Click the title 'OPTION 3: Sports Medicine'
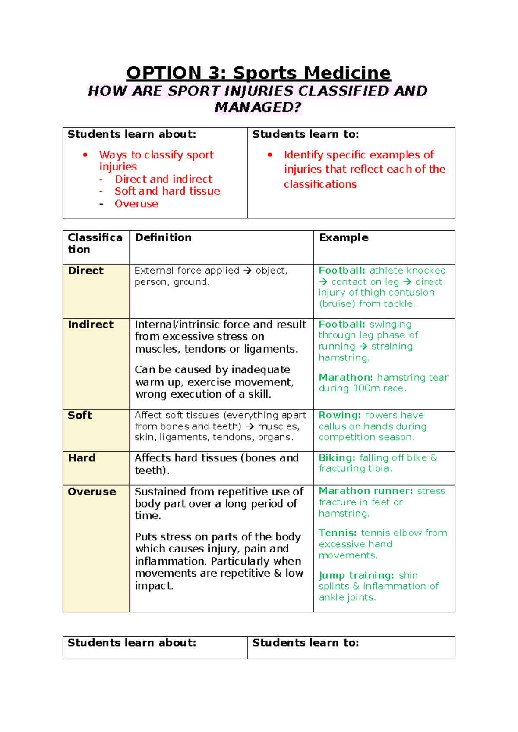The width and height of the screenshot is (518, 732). pyautogui.click(x=258, y=73)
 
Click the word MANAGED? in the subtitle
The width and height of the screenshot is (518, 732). pyautogui.click(x=258, y=107)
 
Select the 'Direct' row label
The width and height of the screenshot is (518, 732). pyautogui.click(x=86, y=271)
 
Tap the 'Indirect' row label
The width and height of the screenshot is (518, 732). pyautogui.click(x=91, y=325)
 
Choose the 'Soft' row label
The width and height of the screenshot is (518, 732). pyautogui.click(x=80, y=415)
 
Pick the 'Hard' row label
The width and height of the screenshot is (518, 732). pyautogui.click(x=82, y=458)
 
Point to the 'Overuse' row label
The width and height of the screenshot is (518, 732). pyautogui.click(x=92, y=492)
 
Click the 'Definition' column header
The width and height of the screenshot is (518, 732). pyautogui.click(x=163, y=237)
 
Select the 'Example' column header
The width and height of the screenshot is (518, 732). pyautogui.click(x=344, y=237)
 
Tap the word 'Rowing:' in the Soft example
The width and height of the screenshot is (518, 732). pyautogui.click(x=340, y=415)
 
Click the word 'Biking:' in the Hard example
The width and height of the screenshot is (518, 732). pyautogui.click(x=337, y=457)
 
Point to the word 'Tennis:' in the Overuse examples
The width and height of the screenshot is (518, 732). pyautogui.click(x=338, y=533)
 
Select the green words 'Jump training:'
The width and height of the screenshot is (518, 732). pyautogui.click(x=357, y=575)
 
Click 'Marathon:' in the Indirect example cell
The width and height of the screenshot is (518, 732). pyautogui.click(x=346, y=378)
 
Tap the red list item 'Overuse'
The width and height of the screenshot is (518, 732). pyautogui.click(x=136, y=204)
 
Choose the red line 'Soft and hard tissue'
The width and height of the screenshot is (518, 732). pyautogui.click(x=167, y=191)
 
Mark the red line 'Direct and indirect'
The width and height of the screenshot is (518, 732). pyautogui.click(x=164, y=179)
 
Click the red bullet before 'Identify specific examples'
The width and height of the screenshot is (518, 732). pyautogui.click(x=270, y=155)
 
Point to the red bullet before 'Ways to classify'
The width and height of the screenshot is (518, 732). pyautogui.click(x=85, y=155)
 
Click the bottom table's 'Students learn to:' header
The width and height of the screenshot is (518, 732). pyautogui.click(x=306, y=643)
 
